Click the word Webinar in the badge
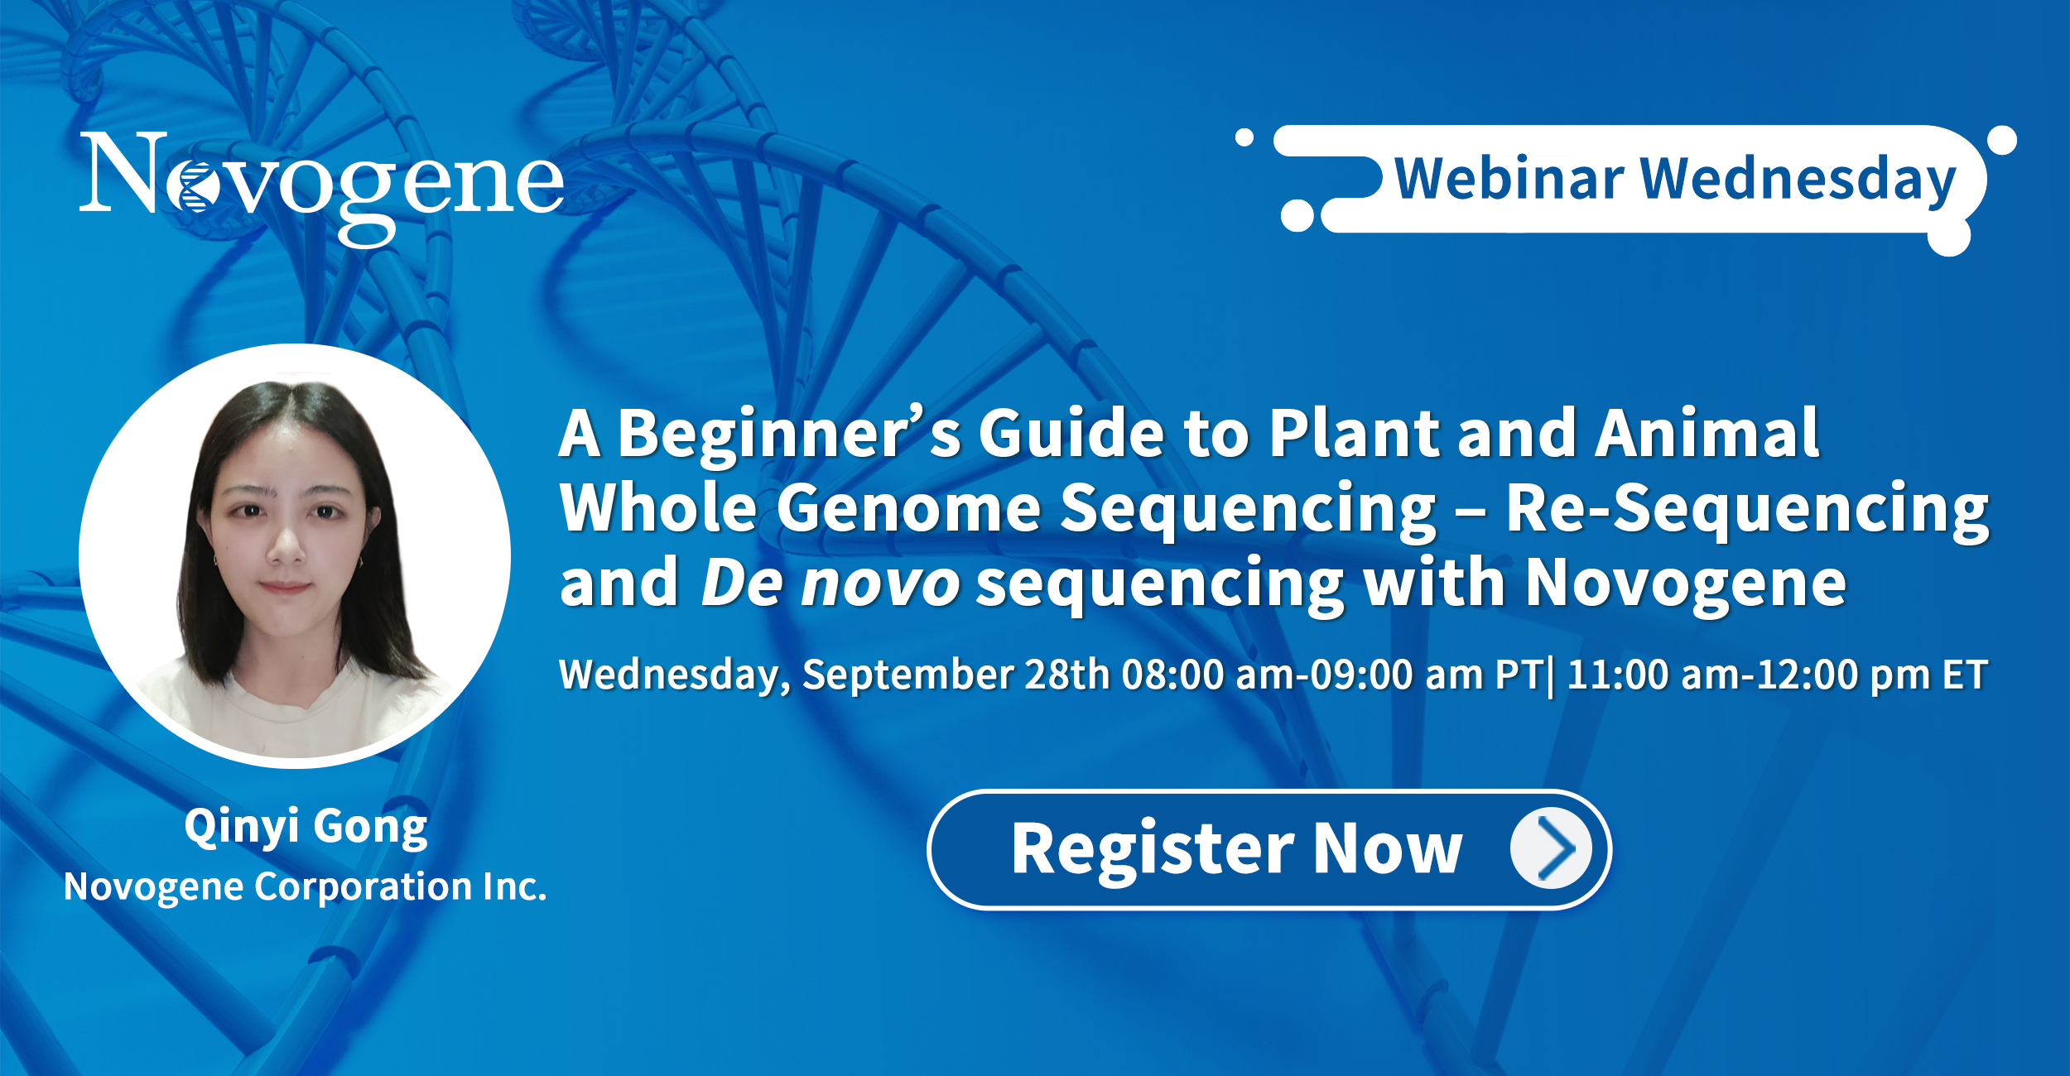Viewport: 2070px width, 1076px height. tap(1509, 179)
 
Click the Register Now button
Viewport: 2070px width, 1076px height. tap(1268, 850)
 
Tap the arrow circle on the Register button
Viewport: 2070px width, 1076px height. tap(1551, 848)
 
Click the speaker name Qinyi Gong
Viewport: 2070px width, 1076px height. tap(306, 828)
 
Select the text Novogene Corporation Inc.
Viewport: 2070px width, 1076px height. tap(306, 887)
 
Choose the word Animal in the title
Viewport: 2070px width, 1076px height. tap(1707, 433)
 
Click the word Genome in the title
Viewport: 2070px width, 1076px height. tap(908, 508)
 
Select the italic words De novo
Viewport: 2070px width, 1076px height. tap(830, 584)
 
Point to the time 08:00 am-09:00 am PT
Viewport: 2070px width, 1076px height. tap(1332, 675)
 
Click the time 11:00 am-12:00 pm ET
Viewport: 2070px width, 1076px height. tap(1777, 675)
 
